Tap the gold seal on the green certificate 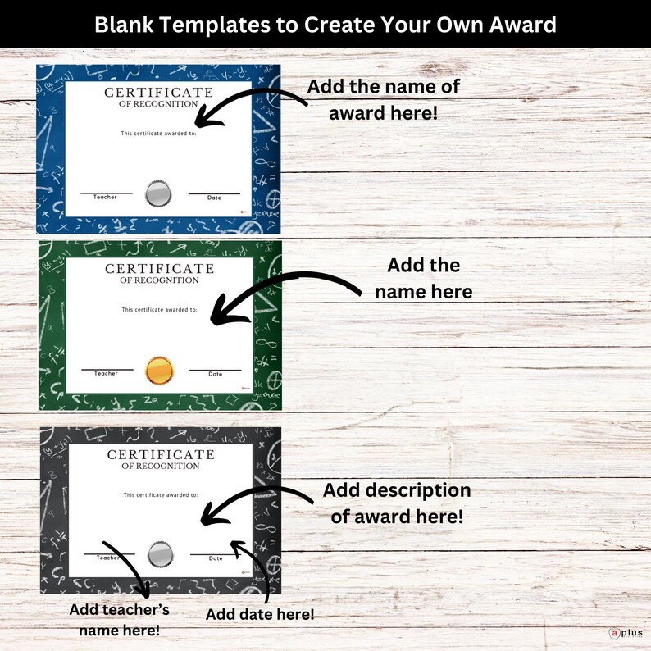160,371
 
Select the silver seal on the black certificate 161,556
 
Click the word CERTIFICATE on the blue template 158,93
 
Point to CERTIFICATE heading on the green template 159,269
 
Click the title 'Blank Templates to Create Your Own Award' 325,24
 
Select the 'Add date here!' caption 260,614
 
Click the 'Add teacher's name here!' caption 119,620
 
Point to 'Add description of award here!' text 397,503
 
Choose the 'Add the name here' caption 423,278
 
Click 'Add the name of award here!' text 383,99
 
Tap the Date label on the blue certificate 214,198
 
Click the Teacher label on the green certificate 106,374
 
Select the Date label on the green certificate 215,375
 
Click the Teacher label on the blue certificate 105,198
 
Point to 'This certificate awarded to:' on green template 160,310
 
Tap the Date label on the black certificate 216,559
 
